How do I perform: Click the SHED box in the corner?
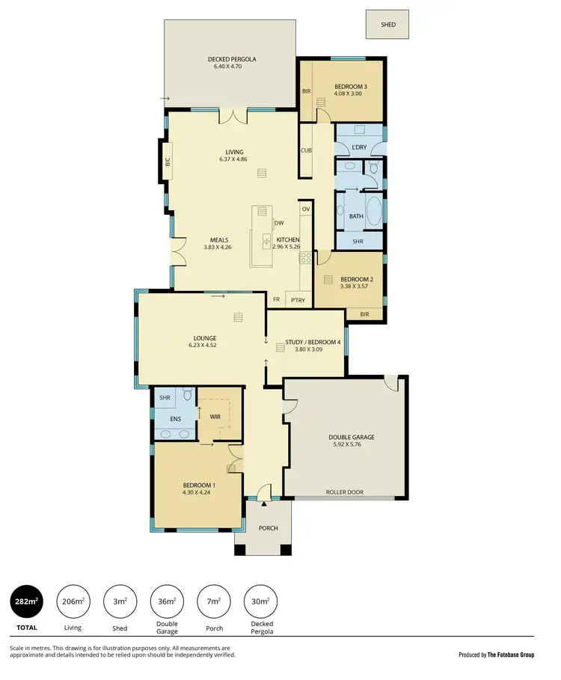coord(387,24)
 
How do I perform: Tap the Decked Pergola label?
coord(232,59)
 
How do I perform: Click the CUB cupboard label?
coord(306,150)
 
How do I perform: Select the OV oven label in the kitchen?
coord(305,209)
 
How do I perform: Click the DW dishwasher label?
coord(278,223)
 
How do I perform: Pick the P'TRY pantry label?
coord(299,299)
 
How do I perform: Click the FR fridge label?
coord(277,299)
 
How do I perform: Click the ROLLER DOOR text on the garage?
coord(345,492)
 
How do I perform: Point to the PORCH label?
coord(268,528)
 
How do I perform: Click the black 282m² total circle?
coord(25,601)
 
